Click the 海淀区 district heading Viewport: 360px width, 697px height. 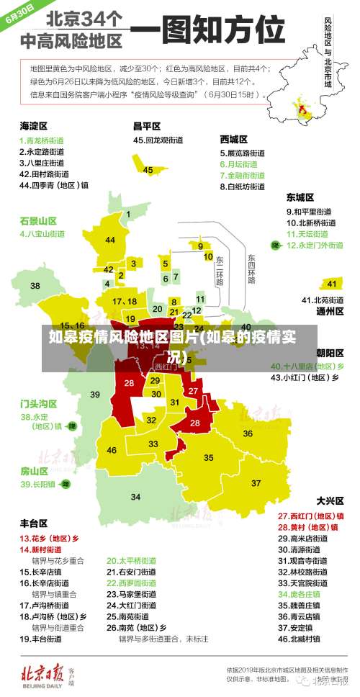pos(33,125)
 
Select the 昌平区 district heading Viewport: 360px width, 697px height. pos(146,125)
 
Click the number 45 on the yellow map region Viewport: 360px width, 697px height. pos(148,170)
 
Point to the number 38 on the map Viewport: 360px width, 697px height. pos(35,286)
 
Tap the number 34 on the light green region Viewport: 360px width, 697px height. pos(135,497)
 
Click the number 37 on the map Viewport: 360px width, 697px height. pos(256,482)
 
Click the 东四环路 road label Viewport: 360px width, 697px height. pos(251,268)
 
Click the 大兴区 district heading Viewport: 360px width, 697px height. pos(330,500)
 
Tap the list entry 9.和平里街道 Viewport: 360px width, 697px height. pos(309,212)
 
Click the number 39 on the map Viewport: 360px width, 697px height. pos(95,395)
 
